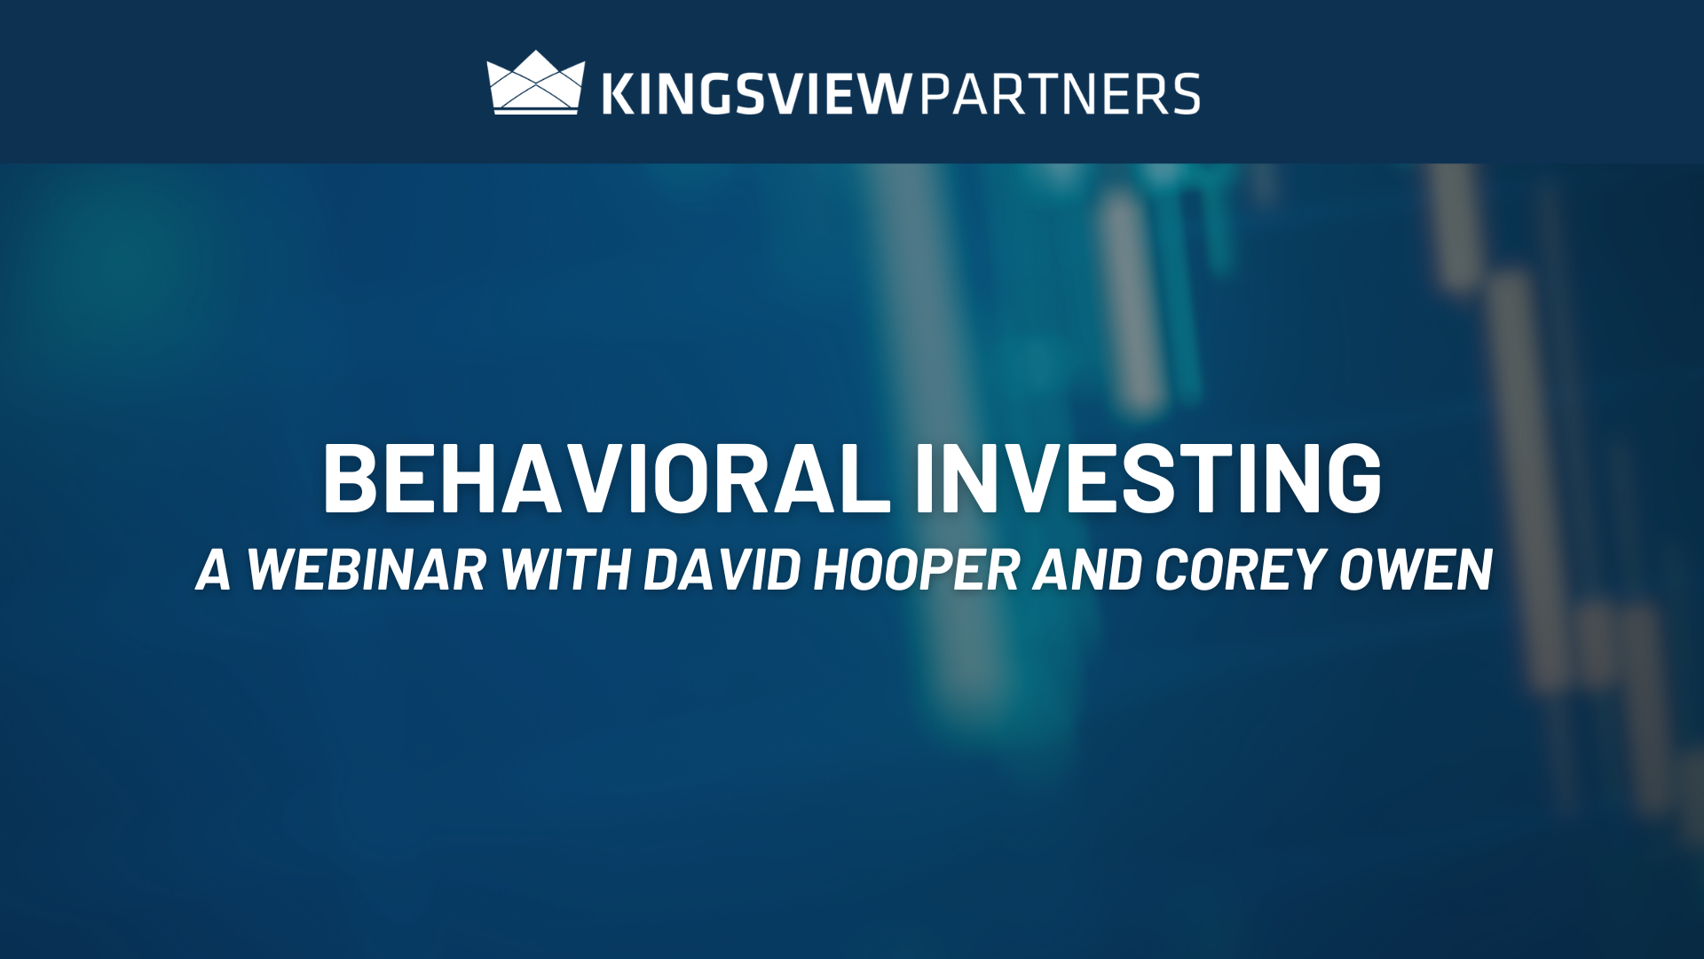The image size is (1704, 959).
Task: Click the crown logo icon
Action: pyautogui.click(x=536, y=83)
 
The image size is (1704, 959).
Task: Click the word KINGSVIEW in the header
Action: pyautogui.click(x=757, y=94)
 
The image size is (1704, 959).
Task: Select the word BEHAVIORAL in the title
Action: pyautogui.click(x=606, y=479)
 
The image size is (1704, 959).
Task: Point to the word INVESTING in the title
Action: pyautogui.click(x=1148, y=479)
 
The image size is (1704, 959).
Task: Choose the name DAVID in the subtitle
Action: pyautogui.click(x=722, y=569)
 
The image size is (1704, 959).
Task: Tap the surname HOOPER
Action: pyautogui.click(x=918, y=569)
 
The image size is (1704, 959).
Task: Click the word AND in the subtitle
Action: pyautogui.click(x=1087, y=569)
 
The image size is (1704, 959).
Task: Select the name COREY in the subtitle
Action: pyautogui.click(x=1241, y=569)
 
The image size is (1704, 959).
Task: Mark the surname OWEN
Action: pyautogui.click(x=1416, y=569)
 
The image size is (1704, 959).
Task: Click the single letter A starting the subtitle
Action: pyautogui.click(x=214, y=569)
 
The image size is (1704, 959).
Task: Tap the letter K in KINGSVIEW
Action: pyautogui.click(x=619, y=94)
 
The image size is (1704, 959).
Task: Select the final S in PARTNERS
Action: pyautogui.click(x=1184, y=94)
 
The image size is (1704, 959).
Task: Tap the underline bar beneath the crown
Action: pyautogui.click(x=536, y=111)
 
